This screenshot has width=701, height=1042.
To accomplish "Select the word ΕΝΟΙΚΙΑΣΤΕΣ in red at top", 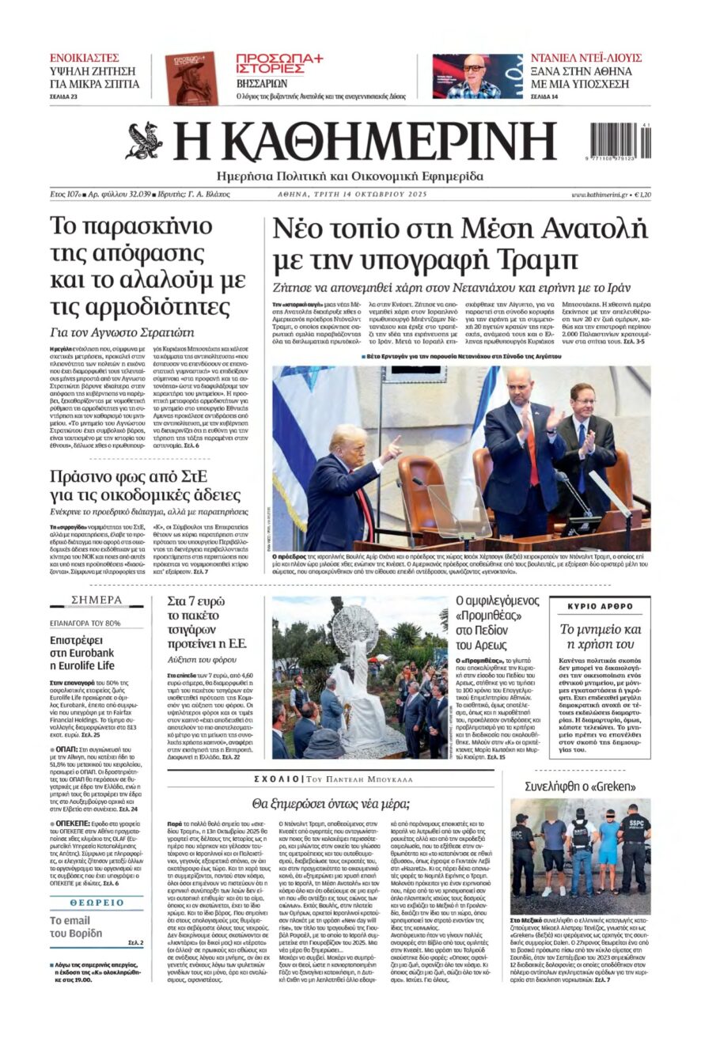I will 85,58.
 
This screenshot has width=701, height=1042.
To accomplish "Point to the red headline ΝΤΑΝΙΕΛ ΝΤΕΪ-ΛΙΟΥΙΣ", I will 585,58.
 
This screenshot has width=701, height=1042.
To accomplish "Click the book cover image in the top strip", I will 190,78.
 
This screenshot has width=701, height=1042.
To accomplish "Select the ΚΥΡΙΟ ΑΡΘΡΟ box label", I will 601,606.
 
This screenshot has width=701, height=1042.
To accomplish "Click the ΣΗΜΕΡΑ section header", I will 97,600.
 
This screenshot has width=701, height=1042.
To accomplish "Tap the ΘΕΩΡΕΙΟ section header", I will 97,902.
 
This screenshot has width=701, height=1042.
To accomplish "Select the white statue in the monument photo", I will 353,665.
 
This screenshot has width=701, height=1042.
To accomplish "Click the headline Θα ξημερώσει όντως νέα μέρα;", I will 330,803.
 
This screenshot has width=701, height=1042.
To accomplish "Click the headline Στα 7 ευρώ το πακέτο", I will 207,613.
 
